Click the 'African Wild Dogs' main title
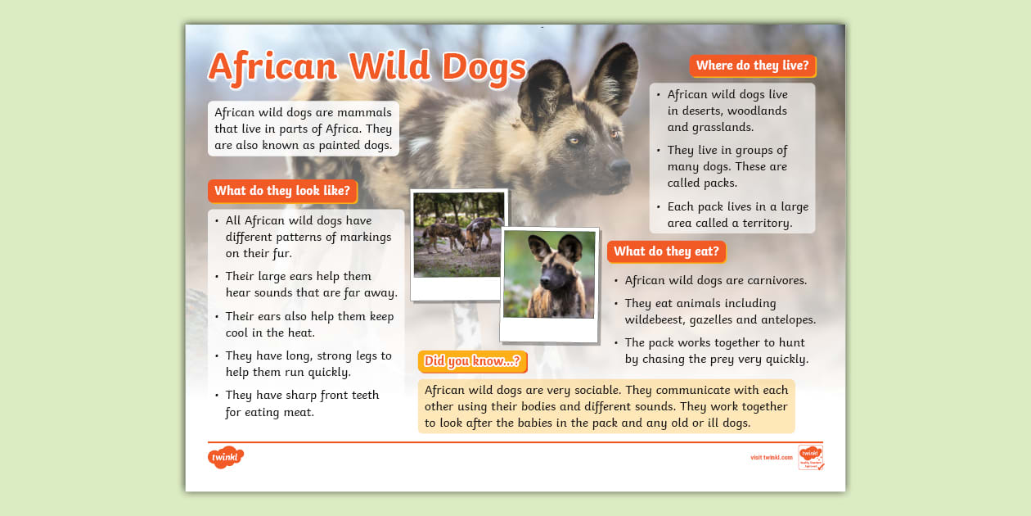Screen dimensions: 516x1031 tap(367, 67)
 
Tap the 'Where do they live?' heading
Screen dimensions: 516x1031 tap(752, 66)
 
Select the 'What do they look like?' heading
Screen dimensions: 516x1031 tap(282, 192)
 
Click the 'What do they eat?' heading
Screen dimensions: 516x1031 tap(666, 251)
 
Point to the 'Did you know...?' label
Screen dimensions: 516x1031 tap(472, 361)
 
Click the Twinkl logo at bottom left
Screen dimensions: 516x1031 tap(226, 457)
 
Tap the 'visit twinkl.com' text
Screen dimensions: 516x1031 tap(771, 457)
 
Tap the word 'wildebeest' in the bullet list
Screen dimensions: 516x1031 tap(656, 320)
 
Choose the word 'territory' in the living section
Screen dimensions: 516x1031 tap(767, 223)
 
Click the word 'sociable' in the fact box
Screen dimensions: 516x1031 tap(578, 390)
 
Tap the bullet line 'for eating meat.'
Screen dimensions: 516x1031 tap(270, 412)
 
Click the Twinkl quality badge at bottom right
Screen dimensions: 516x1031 tap(810, 457)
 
